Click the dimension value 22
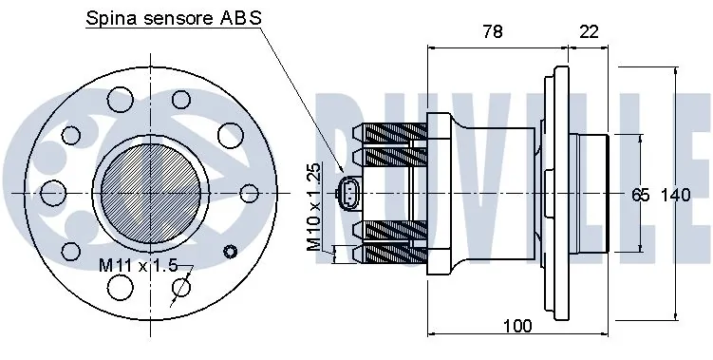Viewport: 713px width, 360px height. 588,31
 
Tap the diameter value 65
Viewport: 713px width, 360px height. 640,195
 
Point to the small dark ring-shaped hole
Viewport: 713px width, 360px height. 227,251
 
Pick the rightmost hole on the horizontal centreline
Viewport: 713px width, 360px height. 250,192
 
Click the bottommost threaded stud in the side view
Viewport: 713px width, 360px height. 389,254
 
